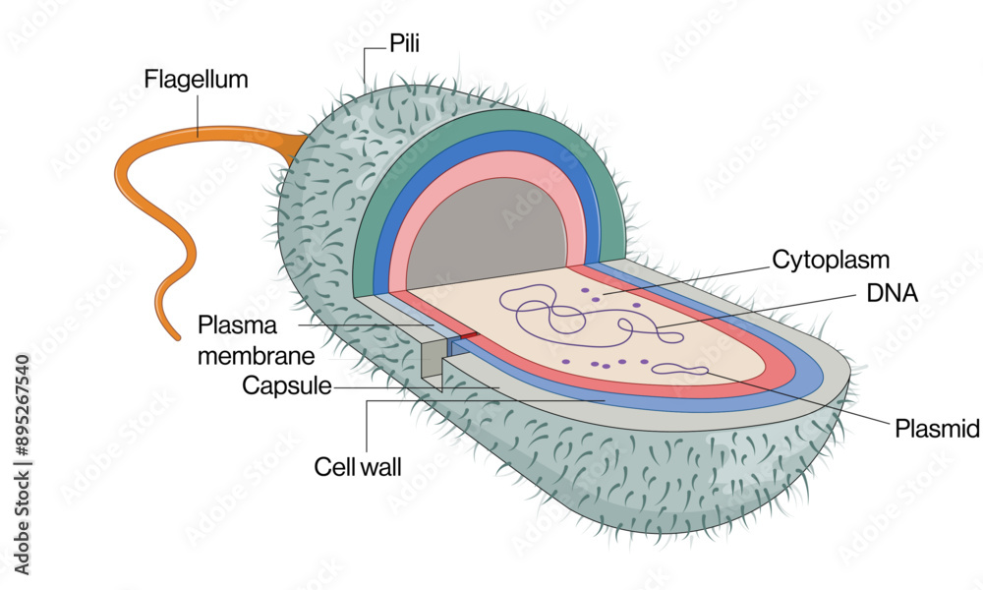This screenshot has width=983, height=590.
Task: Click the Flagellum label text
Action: pos(196,79)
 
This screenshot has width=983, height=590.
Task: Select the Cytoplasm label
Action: pos(831,260)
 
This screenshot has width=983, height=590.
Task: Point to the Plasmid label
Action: pos(937,428)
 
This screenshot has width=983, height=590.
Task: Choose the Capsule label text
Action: pos(286,385)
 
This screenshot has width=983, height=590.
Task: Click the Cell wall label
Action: pos(358,466)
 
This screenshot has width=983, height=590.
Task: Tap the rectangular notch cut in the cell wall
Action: pos(433,359)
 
